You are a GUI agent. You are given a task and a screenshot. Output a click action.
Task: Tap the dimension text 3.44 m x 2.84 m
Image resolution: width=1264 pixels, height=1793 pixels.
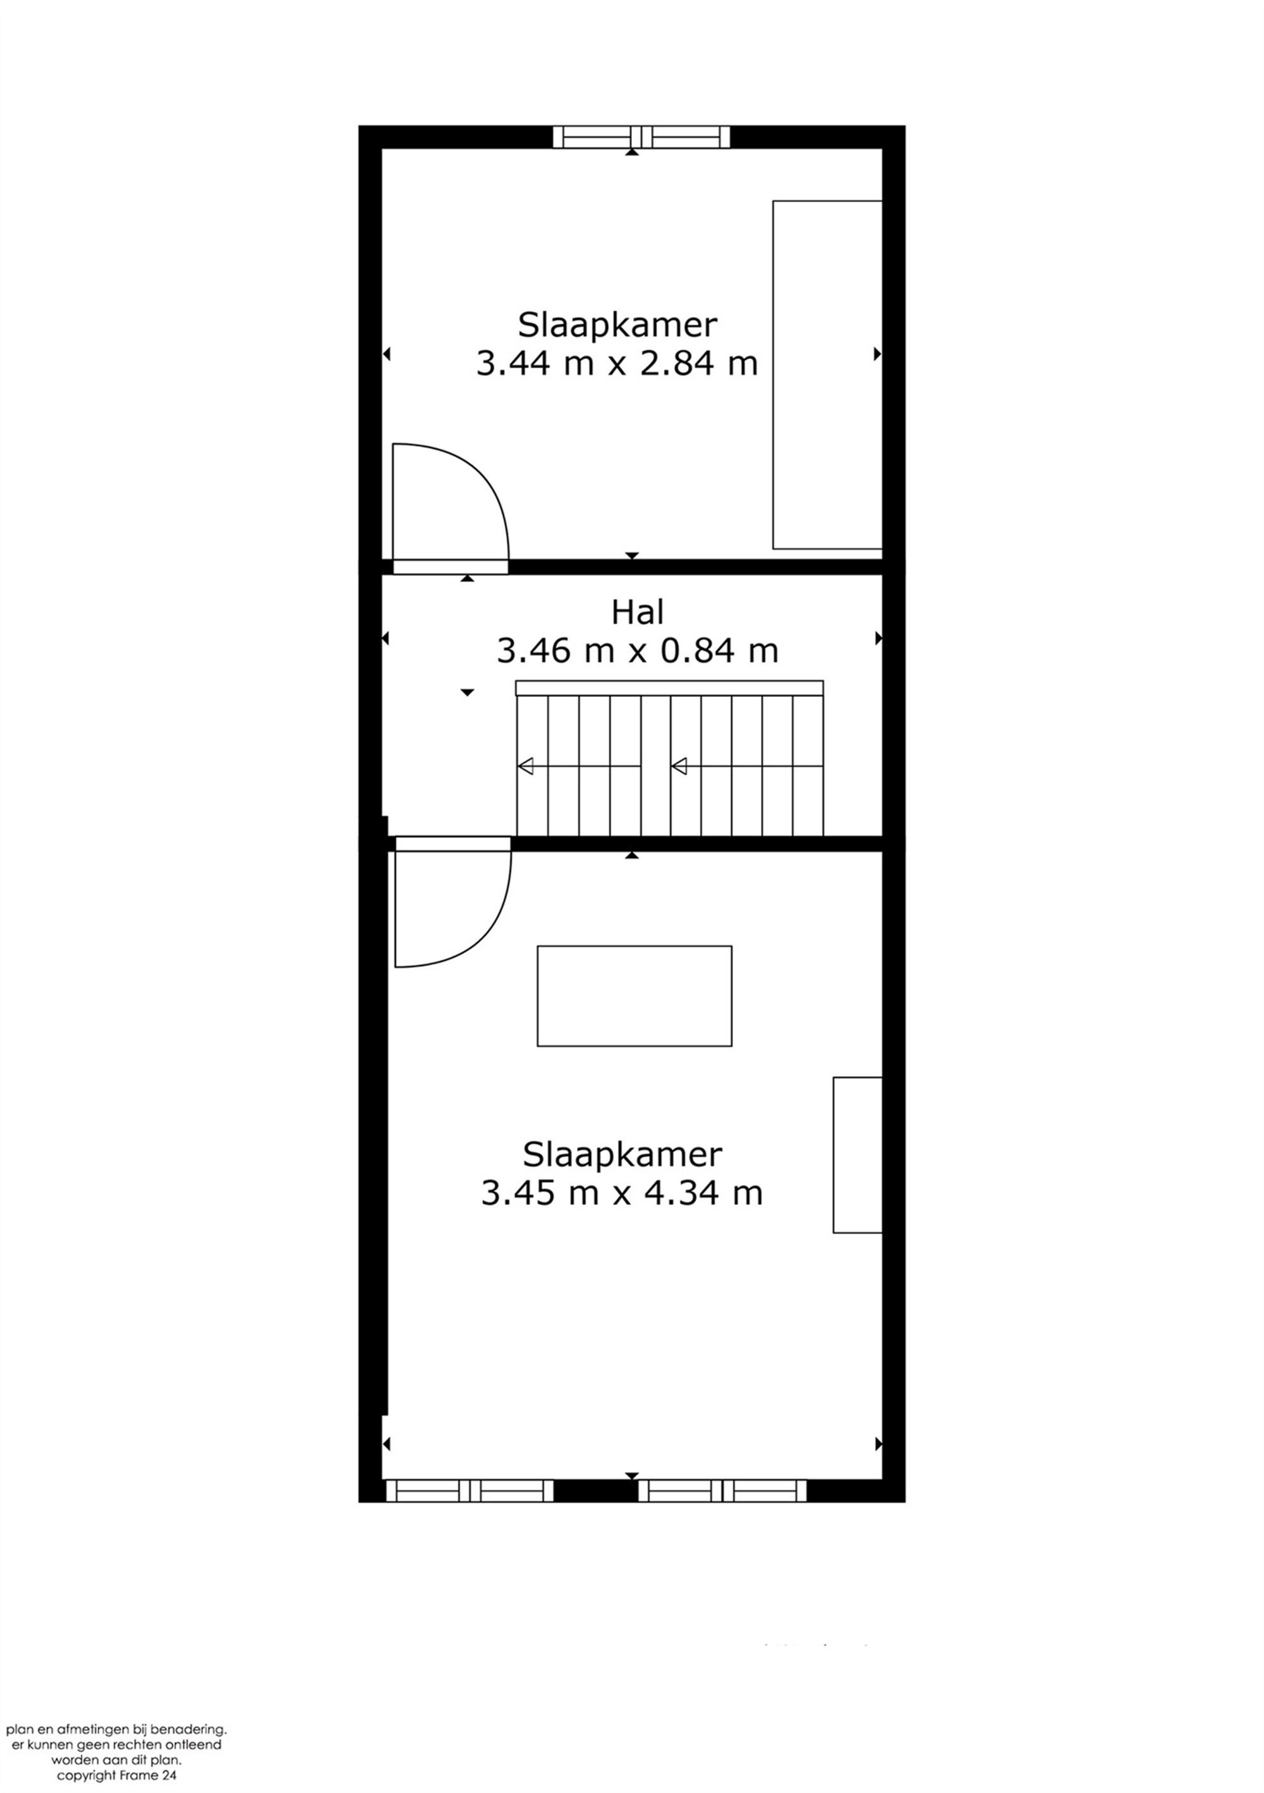(617, 364)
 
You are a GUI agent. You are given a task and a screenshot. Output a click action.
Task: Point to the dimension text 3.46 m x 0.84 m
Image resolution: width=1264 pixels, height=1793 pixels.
(638, 651)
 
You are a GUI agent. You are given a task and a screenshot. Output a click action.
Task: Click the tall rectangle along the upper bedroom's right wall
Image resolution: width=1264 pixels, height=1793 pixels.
(827, 375)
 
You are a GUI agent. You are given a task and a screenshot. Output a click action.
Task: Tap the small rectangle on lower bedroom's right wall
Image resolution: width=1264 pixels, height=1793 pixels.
(857, 1155)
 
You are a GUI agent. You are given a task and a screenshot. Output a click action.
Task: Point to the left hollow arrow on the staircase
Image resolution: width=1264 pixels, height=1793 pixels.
(526, 766)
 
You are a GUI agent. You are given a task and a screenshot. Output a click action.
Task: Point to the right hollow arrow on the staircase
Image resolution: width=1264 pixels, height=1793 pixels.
(679, 766)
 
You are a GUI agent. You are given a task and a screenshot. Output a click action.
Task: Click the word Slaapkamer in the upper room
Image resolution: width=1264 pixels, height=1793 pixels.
(617, 324)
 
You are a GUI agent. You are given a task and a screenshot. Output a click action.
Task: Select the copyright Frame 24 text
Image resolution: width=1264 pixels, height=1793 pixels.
(116, 1775)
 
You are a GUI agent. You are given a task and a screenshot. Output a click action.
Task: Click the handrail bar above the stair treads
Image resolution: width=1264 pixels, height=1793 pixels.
(669, 687)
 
